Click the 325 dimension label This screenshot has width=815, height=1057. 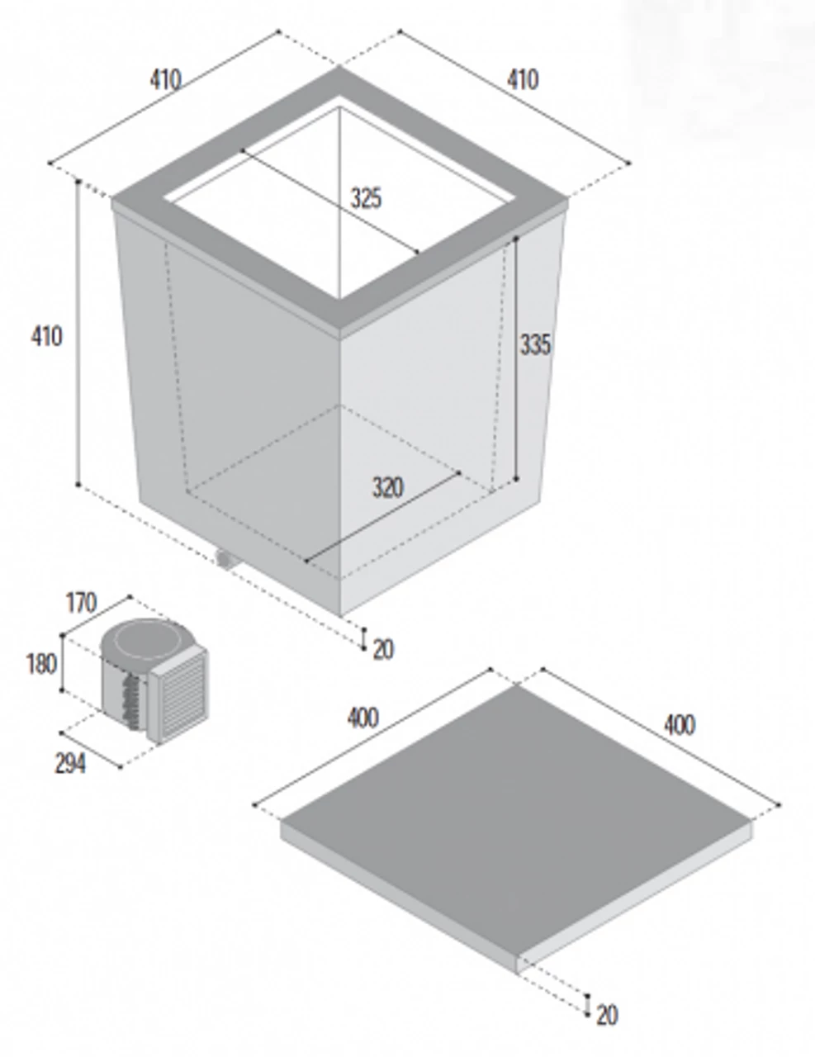click(366, 198)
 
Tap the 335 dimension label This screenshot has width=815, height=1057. click(534, 344)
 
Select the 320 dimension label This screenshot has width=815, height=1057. click(387, 488)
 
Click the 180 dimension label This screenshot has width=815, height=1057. click(41, 663)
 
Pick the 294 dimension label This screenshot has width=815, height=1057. click(70, 764)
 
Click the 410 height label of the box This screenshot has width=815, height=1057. click(46, 336)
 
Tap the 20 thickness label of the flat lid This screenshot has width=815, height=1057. click(607, 1015)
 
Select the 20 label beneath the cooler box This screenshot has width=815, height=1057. click(383, 650)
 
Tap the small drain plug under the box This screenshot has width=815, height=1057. click(224, 560)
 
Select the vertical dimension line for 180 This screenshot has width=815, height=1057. click(63, 663)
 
